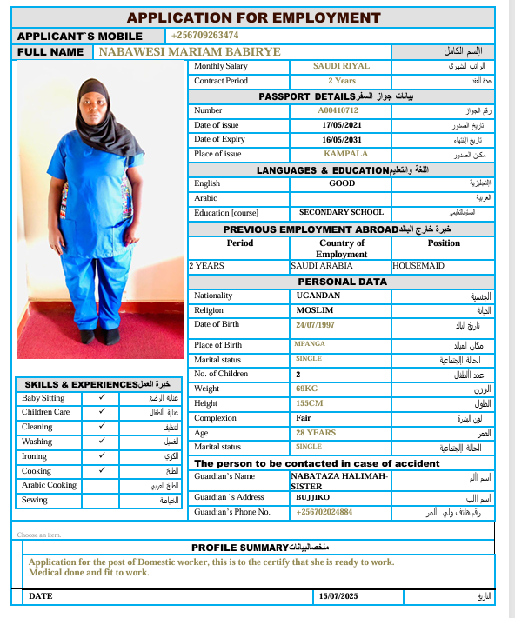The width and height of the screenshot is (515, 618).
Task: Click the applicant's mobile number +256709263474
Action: point(205,35)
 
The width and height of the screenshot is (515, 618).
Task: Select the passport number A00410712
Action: point(338,111)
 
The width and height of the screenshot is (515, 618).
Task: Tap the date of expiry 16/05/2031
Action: point(341,139)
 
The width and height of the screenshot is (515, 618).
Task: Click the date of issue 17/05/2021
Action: point(341,125)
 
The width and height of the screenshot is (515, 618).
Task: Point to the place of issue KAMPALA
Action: point(341,154)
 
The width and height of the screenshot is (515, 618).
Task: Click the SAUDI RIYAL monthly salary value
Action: point(341,66)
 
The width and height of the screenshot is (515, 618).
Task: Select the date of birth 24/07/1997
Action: point(315,325)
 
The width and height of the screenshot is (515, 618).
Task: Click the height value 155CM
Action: point(310,403)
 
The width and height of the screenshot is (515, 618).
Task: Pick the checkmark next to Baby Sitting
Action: point(102,397)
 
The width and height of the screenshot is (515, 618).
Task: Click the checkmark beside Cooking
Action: point(102,470)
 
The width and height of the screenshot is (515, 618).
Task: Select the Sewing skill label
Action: point(36,500)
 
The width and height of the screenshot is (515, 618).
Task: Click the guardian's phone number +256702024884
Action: point(324,512)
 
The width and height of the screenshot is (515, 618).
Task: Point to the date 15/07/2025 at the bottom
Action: point(338,596)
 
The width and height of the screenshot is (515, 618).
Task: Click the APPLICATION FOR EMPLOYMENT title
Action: point(253,17)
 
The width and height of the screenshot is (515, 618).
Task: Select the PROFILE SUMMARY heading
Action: point(239,548)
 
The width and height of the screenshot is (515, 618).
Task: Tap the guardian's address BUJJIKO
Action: point(310,497)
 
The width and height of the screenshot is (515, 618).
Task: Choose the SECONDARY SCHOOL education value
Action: point(341,212)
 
